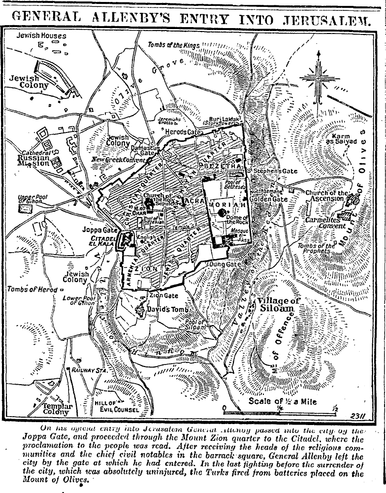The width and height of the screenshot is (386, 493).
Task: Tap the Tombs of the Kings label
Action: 174,45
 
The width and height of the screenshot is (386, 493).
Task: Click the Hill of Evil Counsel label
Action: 116,406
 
